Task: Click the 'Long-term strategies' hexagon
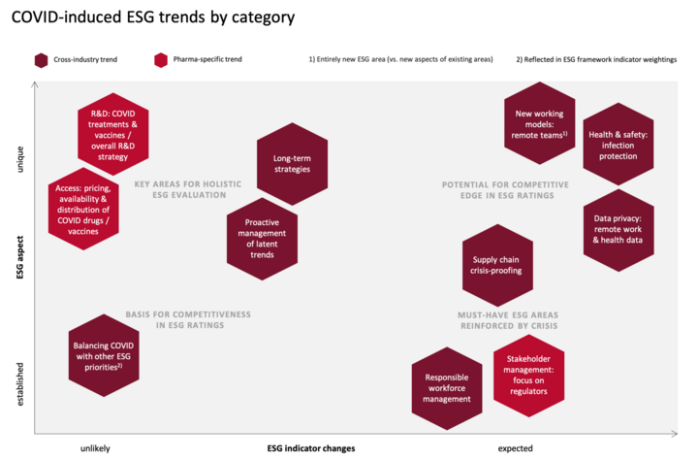[293, 164]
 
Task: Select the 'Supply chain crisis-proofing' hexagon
[497, 265]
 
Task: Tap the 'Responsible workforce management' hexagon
[447, 389]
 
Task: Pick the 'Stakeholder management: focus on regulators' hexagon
[529, 376]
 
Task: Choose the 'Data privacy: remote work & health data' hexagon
[619, 230]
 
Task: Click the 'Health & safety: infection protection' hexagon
[619, 144]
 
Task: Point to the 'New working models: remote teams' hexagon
[540, 123]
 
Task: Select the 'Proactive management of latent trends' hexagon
[262, 239]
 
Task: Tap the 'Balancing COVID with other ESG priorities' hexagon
[104, 355]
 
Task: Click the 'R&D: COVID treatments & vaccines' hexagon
[113, 134]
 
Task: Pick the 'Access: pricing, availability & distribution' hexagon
[83, 209]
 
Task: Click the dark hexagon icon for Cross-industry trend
[41, 60]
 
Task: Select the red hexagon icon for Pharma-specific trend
[161, 60]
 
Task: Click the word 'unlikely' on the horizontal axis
[95, 448]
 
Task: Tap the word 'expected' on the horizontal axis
[515, 448]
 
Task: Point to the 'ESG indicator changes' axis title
[311, 448]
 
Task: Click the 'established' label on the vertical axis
[19, 384]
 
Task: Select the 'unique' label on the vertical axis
[19, 159]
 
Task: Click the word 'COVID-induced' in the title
[66, 16]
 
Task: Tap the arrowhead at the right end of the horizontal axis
[675, 433]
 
